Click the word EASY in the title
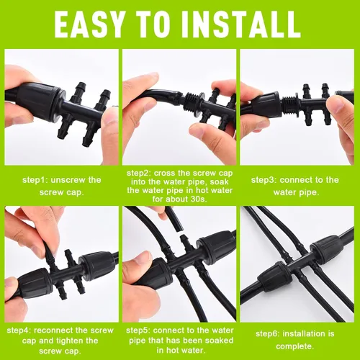89,24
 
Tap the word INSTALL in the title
241,24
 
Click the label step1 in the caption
35,180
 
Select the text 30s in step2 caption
197,199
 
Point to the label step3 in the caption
264,180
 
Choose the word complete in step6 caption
294,346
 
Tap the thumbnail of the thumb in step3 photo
336,104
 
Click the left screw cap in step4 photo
34,283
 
